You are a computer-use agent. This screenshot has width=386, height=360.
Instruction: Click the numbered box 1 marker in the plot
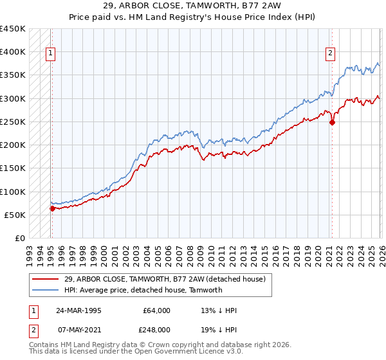(x=51, y=54)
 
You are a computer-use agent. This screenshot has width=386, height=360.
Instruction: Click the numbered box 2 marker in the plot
(x=330, y=54)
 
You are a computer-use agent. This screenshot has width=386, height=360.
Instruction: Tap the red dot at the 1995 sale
(x=52, y=208)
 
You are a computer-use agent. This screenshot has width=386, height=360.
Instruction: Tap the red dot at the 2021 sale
(x=333, y=122)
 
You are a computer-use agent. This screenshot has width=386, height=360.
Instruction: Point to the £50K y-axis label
(x=15, y=215)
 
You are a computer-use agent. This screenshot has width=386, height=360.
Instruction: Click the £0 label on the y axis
(x=20, y=238)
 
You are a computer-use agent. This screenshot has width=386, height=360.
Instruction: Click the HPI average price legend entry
(x=143, y=290)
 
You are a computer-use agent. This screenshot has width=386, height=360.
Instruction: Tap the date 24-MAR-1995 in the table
(x=78, y=310)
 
